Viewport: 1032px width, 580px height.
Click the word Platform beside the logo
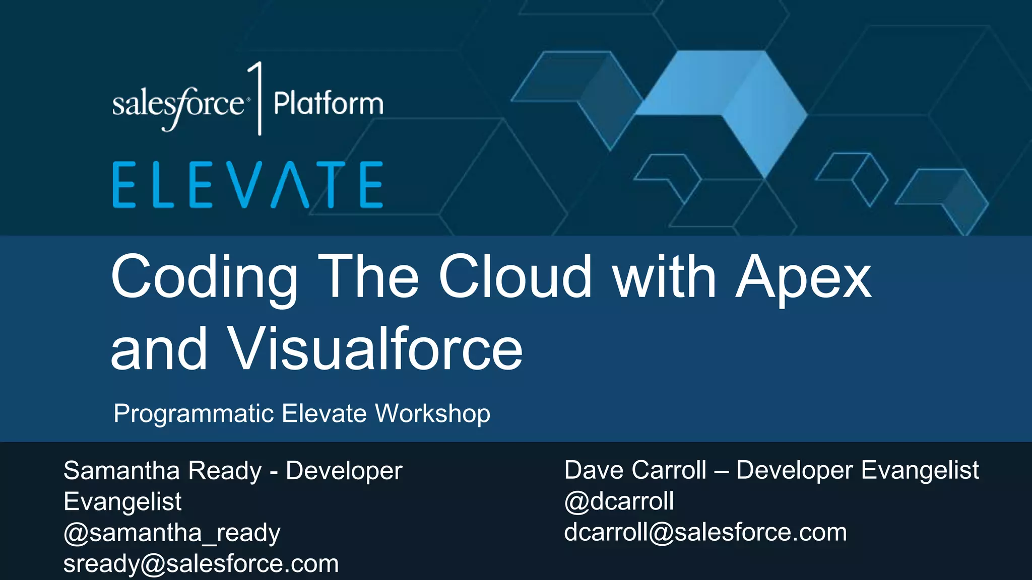(x=328, y=104)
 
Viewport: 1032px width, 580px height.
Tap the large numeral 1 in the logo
(x=257, y=98)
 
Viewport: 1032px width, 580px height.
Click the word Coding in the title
(x=204, y=277)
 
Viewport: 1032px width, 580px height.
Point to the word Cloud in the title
(x=515, y=276)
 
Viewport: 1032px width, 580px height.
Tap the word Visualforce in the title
(x=375, y=348)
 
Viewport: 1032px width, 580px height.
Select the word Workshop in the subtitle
(x=432, y=413)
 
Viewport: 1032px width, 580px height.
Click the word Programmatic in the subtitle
(x=193, y=414)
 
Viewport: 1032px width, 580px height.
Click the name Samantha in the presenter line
(x=121, y=471)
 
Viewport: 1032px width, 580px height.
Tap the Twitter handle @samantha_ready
(x=172, y=533)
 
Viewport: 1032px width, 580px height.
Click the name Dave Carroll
(x=635, y=470)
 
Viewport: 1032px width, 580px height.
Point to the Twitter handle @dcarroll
(x=619, y=501)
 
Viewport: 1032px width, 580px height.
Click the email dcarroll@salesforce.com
(x=705, y=532)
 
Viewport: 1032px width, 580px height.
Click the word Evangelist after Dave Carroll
(x=920, y=470)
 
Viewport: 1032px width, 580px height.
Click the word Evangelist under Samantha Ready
(x=122, y=502)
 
